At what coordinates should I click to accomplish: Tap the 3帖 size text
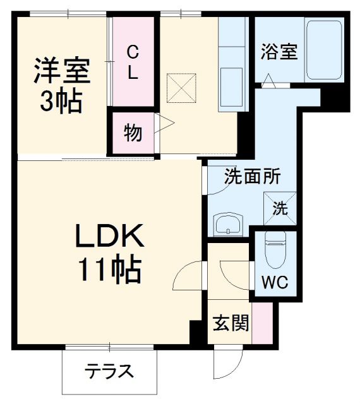(x=61, y=102)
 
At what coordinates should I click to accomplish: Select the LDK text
(x=111, y=239)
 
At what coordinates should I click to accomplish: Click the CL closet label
(x=132, y=62)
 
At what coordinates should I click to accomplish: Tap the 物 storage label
(x=133, y=134)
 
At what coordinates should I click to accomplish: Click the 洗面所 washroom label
(x=253, y=178)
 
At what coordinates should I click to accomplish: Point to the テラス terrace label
(x=109, y=371)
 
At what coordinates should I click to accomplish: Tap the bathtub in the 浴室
(x=325, y=50)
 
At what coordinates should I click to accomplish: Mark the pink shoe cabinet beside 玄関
(x=261, y=323)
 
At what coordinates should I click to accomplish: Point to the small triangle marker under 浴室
(x=268, y=81)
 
